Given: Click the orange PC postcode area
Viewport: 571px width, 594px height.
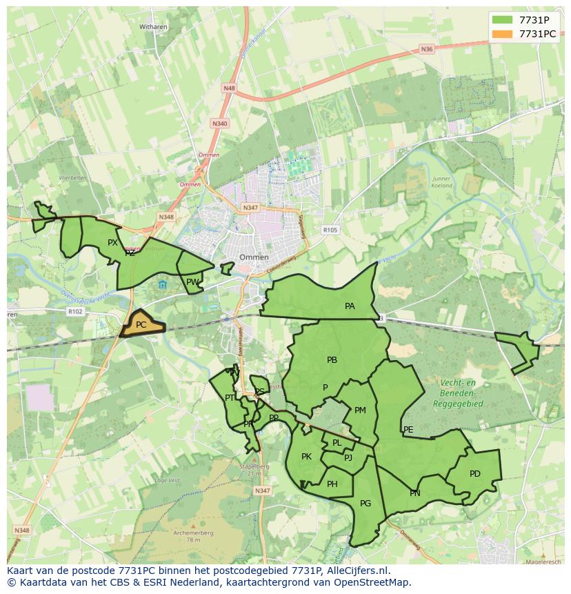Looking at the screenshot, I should click(142, 324).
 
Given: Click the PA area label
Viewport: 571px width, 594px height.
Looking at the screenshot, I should click(350, 306).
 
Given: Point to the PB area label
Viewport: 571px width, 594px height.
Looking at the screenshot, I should click(332, 359).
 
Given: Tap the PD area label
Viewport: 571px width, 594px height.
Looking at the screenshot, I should click(474, 474).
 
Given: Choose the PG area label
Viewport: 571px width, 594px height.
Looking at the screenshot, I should click(365, 504).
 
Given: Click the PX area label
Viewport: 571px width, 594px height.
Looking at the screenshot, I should click(112, 242).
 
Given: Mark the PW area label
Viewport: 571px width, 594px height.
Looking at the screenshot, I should click(192, 281).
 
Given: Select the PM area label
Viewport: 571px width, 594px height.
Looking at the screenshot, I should click(360, 410).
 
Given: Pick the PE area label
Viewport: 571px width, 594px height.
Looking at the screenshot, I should click(408, 430).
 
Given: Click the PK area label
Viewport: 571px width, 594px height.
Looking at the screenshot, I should click(307, 456).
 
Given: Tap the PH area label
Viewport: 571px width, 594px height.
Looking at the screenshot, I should click(332, 484).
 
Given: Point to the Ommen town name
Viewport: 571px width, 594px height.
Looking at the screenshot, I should click(254, 257).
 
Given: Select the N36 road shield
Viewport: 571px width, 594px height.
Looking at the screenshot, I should click(427, 49).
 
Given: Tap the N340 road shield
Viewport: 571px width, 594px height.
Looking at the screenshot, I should click(220, 123).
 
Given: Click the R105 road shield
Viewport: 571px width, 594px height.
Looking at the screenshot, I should click(331, 230).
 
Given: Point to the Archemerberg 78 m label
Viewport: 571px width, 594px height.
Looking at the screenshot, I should click(194, 536).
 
